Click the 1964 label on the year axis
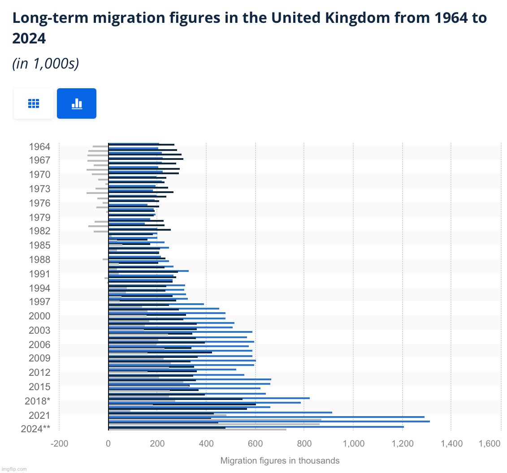click(x=39, y=146)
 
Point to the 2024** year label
click(x=35, y=429)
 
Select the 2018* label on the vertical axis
click(x=37, y=400)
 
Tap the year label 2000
click(x=39, y=316)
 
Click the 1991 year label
click(x=39, y=274)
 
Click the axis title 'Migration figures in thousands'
click(x=280, y=460)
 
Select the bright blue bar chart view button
click(x=77, y=103)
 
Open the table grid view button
click(x=34, y=103)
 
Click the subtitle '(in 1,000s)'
click(x=46, y=64)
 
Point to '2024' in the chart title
click(x=29, y=39)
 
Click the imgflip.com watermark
click(x=14, y=469)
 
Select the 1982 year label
click(x=39, y=231)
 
